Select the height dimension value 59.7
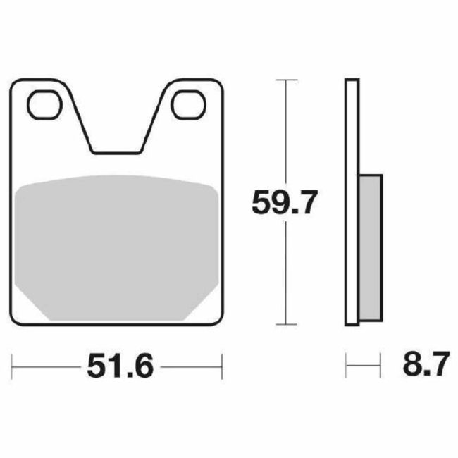[285, 204]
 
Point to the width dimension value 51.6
[119, 366]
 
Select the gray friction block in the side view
[371, 247]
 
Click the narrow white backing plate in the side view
[352, 204]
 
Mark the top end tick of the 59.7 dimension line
[285, 81]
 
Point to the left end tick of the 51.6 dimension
[13, 366]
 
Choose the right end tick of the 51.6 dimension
[223, 366]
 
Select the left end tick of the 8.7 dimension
[346, 366]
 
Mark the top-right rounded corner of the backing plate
[218, 84]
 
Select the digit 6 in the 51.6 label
[142, 366]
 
